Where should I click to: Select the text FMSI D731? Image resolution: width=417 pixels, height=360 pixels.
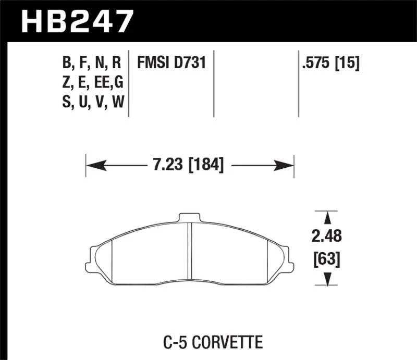coord(171,64)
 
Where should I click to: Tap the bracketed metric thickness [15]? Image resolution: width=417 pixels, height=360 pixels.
coord(349,64)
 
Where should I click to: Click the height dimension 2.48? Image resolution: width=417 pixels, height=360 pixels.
coord(327,237)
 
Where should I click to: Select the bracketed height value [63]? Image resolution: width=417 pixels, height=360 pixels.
coord(327,258)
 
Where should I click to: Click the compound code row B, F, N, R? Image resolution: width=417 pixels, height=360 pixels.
coord(92,64)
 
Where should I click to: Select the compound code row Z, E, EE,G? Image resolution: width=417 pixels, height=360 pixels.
coord(92,82)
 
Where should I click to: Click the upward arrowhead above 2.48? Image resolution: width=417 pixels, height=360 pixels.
coord(327,218)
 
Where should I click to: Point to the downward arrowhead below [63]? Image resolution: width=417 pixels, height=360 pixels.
coord(327,280)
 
